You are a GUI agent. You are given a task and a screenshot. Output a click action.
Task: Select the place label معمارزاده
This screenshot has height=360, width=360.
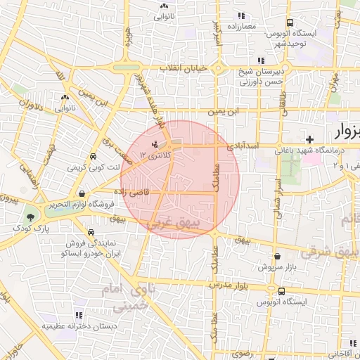240,26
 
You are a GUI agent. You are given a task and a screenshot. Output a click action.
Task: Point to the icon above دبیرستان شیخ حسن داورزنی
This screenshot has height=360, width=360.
261,60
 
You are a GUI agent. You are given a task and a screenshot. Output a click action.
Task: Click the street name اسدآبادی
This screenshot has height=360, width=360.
243,146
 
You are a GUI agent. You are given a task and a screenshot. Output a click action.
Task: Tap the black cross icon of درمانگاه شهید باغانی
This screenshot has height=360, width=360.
309,139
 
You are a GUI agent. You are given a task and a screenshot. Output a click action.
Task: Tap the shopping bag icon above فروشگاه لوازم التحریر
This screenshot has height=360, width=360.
83,193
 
